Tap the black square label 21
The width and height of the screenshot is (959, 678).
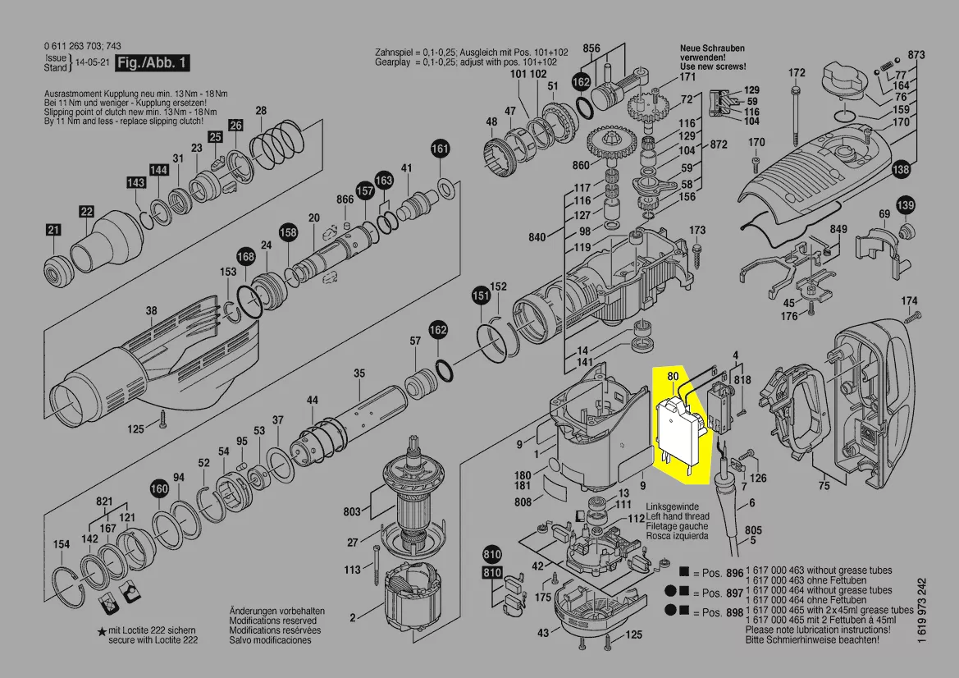click(53, 231)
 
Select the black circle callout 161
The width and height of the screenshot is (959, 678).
click(441, 149)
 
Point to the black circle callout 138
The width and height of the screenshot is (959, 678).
click(902, 170)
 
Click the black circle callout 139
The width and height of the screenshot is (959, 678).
click(905, 204)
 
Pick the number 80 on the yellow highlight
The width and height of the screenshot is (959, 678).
click(674, 377)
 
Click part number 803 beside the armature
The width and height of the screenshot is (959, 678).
click(352, 512)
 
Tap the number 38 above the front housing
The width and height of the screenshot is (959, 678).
click(151, 311)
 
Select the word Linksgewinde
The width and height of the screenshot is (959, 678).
click(673, 507)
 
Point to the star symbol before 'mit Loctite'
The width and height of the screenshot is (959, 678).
click(102, 630)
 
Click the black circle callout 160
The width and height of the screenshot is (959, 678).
click(158, 490)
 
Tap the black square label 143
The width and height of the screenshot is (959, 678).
click(135, 182)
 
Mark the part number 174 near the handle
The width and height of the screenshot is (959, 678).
click(910, 301)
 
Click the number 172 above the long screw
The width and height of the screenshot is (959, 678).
click(797, 73)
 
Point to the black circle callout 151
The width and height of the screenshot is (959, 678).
click(480, 295)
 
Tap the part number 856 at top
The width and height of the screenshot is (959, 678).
click(591, 48)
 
